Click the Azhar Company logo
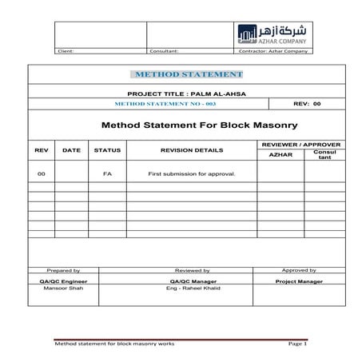272,34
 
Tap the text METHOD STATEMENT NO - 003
154,104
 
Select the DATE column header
72,150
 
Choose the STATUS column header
107,150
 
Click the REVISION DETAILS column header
192,150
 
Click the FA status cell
107,173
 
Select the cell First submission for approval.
192,173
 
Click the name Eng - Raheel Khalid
192,289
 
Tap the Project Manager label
299,281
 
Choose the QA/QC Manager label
192,281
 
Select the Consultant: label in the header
164,51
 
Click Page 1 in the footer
297,344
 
